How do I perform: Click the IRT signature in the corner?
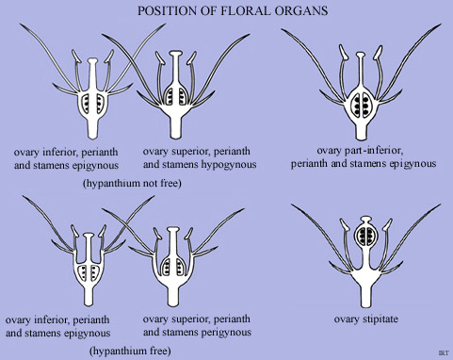(443, 352)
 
